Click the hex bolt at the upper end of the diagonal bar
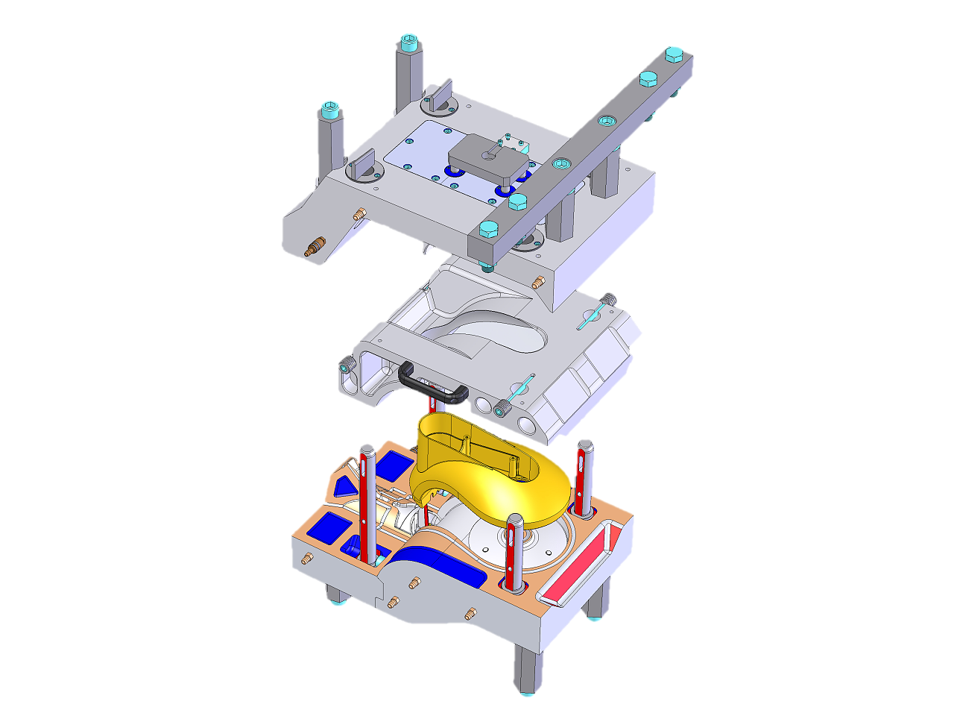click(x=673, y=54)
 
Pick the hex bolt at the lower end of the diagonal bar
click(x=488, y=228)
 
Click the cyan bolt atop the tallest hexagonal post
click(x=408, y=42)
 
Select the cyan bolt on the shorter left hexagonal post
click(x=329, y=109)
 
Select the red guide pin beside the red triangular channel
click(x=584, y=477)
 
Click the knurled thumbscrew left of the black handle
click(x=347, y=367)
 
